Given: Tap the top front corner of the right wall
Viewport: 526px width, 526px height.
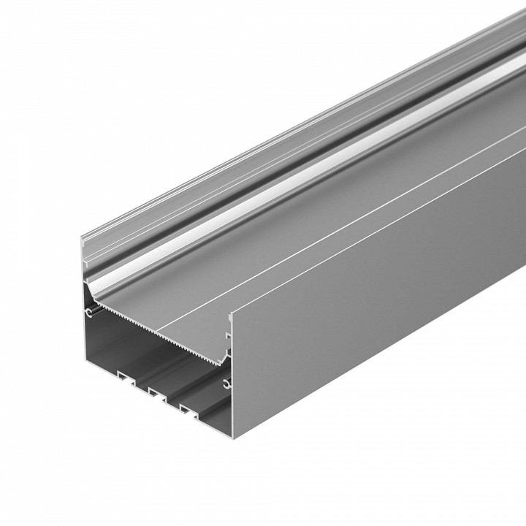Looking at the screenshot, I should coord(232,315).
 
